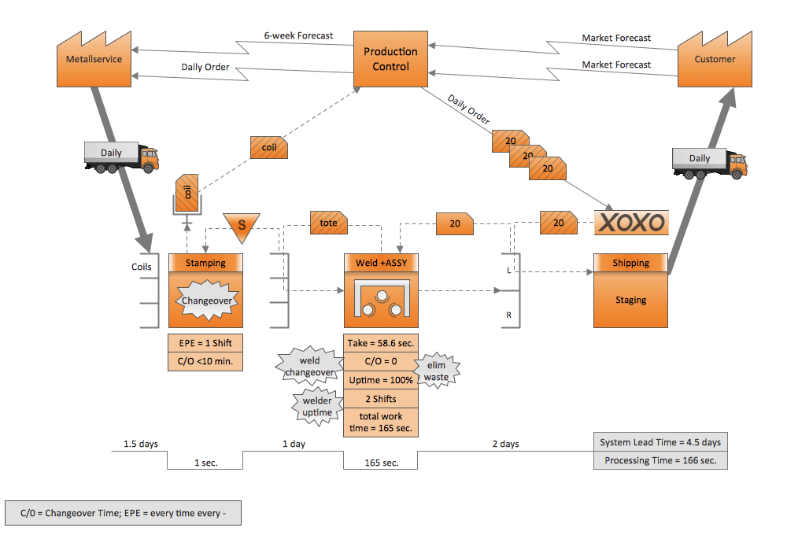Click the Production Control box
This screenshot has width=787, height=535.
390,59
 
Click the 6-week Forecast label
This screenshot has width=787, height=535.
298,35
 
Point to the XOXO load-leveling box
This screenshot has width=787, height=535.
630,223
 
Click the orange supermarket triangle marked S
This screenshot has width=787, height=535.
242,226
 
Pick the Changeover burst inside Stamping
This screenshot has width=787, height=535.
205,301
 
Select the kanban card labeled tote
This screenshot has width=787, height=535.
328,223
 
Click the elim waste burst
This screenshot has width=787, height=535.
435,371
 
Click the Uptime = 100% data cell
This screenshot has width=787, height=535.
380,380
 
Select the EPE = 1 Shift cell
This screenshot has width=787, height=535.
205,343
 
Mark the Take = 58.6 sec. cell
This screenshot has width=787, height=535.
380,343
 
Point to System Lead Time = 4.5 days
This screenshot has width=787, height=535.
660,442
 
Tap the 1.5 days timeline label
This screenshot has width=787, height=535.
140,444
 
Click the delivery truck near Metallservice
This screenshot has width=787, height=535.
121,156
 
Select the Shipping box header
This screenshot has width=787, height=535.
630,263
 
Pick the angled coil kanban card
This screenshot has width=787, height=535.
269,146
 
